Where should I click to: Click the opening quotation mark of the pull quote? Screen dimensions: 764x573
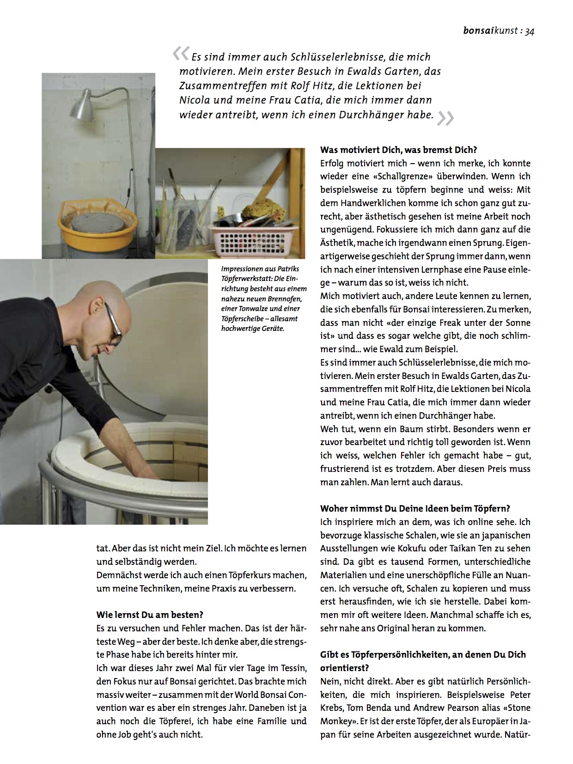pos(181,54)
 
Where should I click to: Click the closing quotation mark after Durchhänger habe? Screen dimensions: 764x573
pos(445,118)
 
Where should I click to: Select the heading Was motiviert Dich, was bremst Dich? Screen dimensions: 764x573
pos(398,150)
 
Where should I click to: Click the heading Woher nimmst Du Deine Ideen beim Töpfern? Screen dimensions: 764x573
pos(415,508)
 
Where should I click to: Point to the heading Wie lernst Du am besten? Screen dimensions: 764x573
pos(150,615)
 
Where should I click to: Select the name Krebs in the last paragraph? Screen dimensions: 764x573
pos(333,708)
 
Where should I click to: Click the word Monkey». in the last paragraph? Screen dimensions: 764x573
pos(339,721)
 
